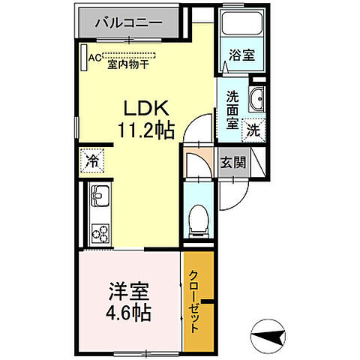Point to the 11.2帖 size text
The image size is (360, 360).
tap(145, 130)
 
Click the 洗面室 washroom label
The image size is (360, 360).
tap(232, 110)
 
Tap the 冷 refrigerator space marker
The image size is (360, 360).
tap(91, 159)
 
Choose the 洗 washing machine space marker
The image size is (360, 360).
tap(255, 128)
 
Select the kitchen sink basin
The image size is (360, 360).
tap(99, 199)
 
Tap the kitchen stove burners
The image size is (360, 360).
tap(99, 232)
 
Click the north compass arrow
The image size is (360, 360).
tap(274, 329)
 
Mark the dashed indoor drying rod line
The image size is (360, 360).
tap(131, 55)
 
